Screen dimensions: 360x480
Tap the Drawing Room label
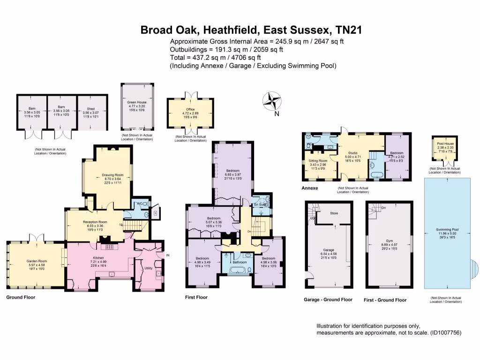coord(112,176)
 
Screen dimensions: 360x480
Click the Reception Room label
coord(95,222)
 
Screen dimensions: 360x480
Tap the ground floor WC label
coord(140,203)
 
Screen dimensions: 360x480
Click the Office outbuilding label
coord(190,109)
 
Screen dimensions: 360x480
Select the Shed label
coord(91,108)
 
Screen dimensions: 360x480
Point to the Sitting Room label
coord(318,160)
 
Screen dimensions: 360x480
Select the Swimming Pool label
coord(446,229)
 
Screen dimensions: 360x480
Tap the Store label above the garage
coord(334,213)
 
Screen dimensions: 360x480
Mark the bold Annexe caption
coord(310,188)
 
